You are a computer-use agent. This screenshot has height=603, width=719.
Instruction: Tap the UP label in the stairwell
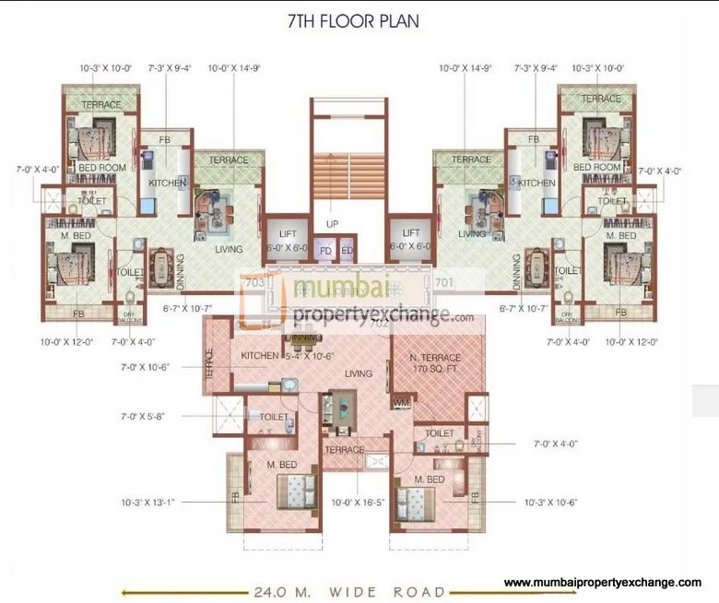click(332, 224)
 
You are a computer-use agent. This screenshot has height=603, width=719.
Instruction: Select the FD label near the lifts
click(325, 251)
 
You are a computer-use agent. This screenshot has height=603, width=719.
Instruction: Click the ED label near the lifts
click(347, 251)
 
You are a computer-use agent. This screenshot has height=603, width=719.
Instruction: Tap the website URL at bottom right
click(604, 583)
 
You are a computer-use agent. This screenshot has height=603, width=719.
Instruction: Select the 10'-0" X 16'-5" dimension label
click(359, 503)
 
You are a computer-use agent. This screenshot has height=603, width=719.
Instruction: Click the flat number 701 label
click(443, 282)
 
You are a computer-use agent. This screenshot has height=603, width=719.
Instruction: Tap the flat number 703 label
click(255, 283)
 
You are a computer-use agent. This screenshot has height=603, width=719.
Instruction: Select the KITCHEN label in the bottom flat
click(259, 356)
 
